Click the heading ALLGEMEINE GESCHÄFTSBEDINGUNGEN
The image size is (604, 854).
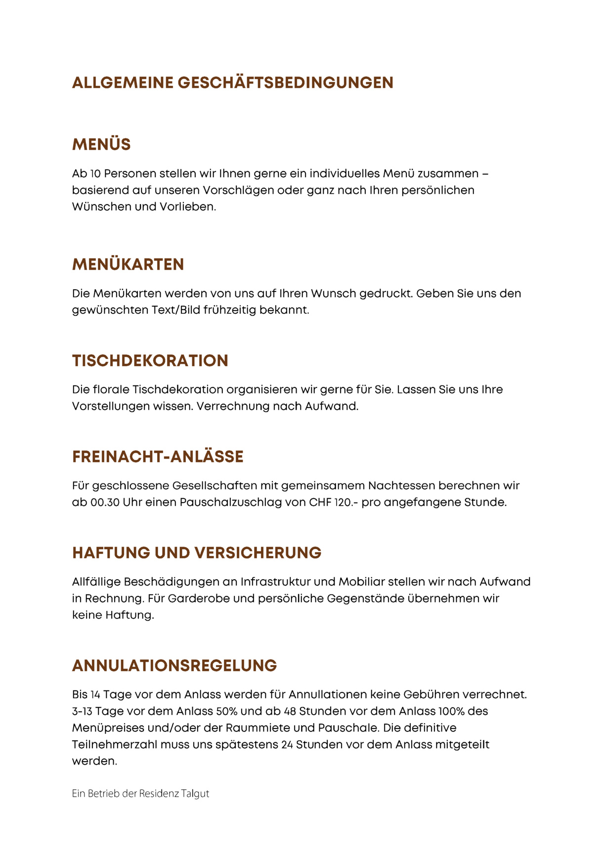point(232,83)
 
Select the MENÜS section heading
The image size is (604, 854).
point(101,144)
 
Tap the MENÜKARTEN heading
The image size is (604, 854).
point(128,264)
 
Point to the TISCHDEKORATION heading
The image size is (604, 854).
point(150,360)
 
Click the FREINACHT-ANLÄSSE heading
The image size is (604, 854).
point(158,456)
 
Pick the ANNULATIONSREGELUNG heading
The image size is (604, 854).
point(174,666)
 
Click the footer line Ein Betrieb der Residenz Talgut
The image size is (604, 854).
point(140,793)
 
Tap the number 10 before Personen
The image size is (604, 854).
point(95,174)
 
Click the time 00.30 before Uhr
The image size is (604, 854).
point(105,503)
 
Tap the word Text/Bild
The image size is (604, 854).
point(175,310)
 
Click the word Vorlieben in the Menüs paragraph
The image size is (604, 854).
point(188,207)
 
